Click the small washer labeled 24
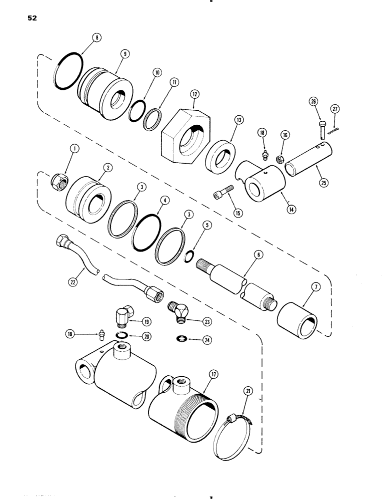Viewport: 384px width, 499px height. pos(181,340)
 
